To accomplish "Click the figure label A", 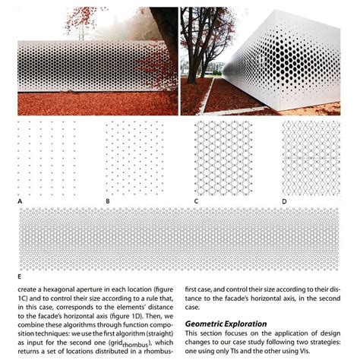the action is click(x=20, y=201).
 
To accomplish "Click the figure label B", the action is click(x=108, y=201).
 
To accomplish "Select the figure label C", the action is click(x=196, y=201).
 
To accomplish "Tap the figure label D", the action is click(x=284, y=201).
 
